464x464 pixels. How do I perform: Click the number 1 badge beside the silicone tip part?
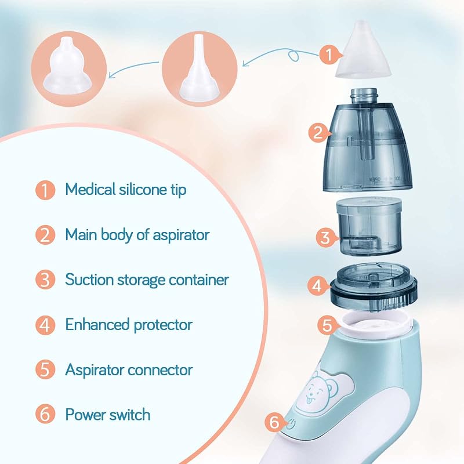329,55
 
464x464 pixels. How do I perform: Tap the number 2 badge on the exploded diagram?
318,132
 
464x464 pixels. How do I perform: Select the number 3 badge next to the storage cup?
325,237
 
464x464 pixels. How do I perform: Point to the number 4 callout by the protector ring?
317,285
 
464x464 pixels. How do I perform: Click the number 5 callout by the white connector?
327,325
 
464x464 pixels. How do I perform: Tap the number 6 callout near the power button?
274,422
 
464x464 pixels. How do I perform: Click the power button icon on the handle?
291,424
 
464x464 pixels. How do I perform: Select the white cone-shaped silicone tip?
364,50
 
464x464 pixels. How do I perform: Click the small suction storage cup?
369,226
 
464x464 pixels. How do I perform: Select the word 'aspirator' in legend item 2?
181,235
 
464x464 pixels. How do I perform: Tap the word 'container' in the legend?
199,280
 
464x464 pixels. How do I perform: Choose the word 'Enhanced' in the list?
97,324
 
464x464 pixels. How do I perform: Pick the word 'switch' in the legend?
129,414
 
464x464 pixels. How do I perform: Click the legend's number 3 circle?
45,280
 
